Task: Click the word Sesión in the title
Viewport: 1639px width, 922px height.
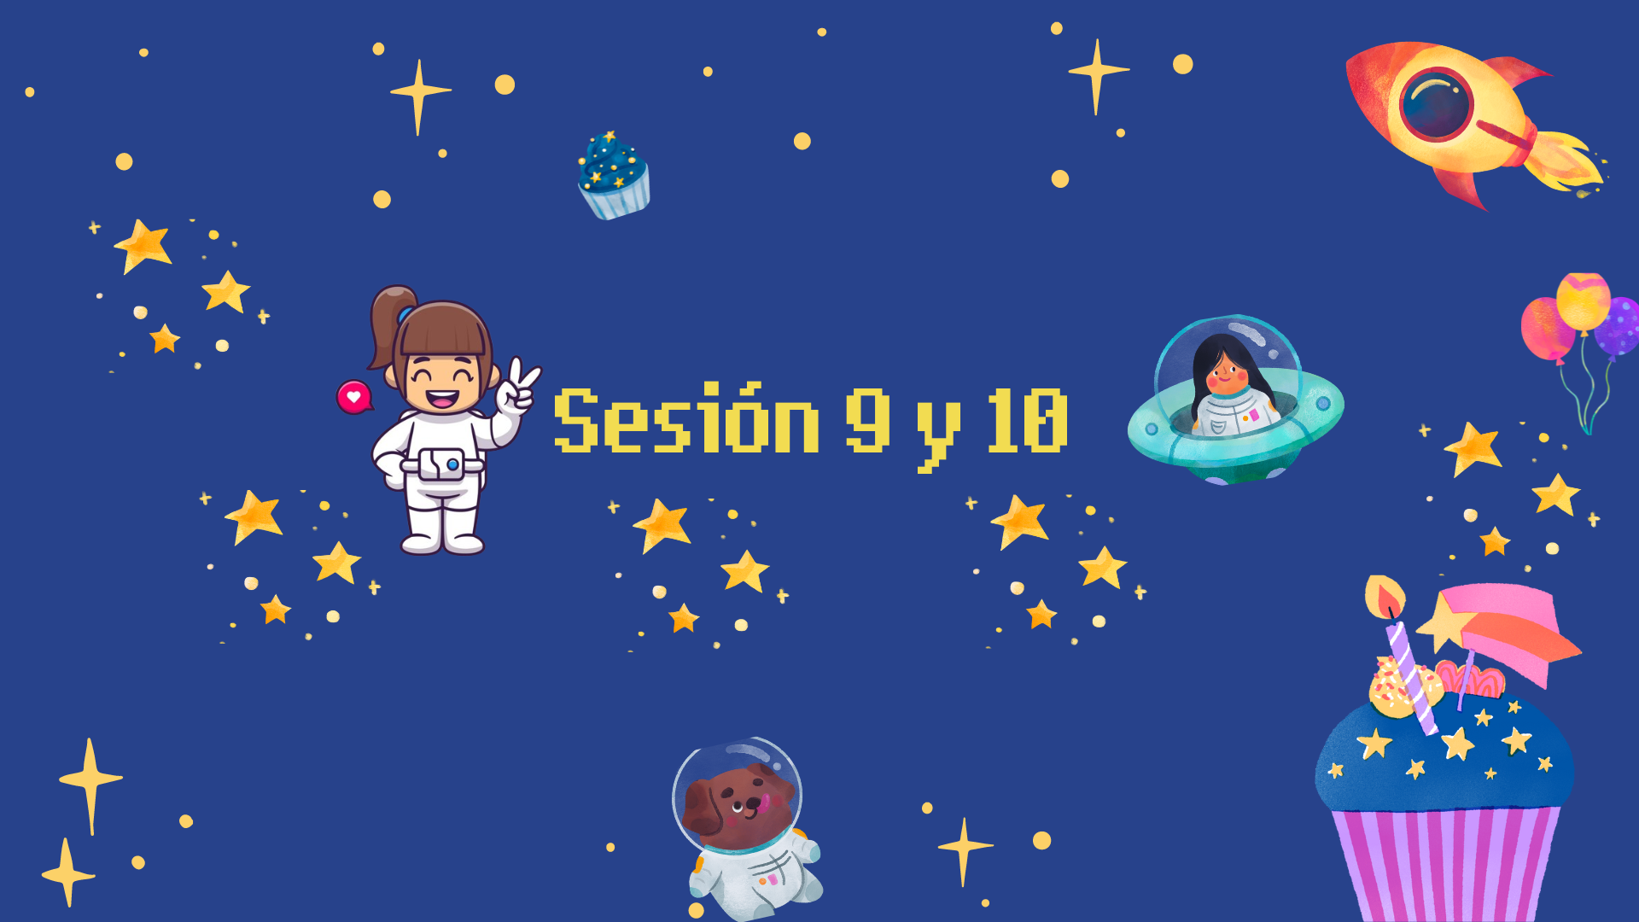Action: [x=687, y=419]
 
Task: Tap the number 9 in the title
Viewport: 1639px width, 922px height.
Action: [x=868, y=419]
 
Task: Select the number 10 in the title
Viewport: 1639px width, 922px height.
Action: [x=1027, y=419]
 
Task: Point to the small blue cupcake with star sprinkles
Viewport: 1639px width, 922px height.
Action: [x=614, y=175]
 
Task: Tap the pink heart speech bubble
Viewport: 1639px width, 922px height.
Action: [x=354, y=397]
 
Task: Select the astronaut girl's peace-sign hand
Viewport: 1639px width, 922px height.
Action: [x=516, y=388]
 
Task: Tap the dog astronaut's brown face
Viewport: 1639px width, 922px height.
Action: [x=739, y=806]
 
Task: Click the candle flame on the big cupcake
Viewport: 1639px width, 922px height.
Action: [x=1385, y=597]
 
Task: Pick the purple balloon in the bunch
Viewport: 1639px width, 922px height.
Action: [x=1618, y=325]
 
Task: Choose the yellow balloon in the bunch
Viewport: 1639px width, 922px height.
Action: [x=1584, y=301]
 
